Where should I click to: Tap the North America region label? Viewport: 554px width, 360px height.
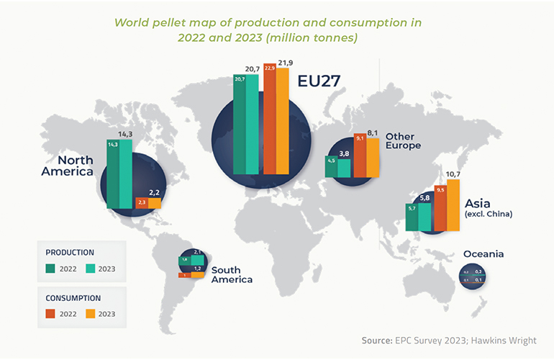coord(66,166)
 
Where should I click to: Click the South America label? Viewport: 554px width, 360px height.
coord(232,274)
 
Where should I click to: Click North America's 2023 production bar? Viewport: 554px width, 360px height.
coord(126,173)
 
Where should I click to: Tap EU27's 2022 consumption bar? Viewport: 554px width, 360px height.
coord(270,122)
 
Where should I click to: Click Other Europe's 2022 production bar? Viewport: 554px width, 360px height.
coord(331,166)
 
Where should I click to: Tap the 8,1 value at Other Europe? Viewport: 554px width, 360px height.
coord(373,133)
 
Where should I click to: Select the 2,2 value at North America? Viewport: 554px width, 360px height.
coord(155,192)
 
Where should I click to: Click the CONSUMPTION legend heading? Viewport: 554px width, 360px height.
coord(73,297)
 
